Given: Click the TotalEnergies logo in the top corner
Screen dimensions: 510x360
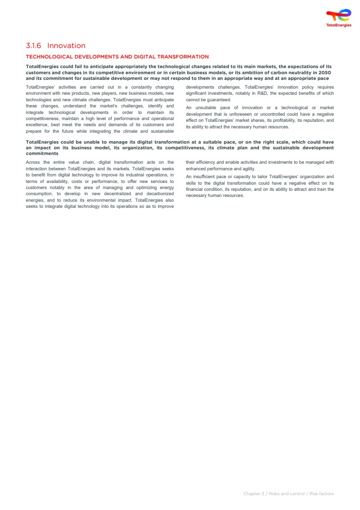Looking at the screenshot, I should coord(339,18).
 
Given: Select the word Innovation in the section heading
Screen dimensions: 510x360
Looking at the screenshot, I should coord(66,46).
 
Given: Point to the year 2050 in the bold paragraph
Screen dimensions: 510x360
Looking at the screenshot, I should coord(325,72).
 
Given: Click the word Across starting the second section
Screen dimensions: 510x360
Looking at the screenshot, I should coord(33,162).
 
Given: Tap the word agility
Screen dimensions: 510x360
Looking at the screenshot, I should coord(249,169).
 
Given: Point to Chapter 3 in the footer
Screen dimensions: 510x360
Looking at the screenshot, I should coord(254,494).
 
